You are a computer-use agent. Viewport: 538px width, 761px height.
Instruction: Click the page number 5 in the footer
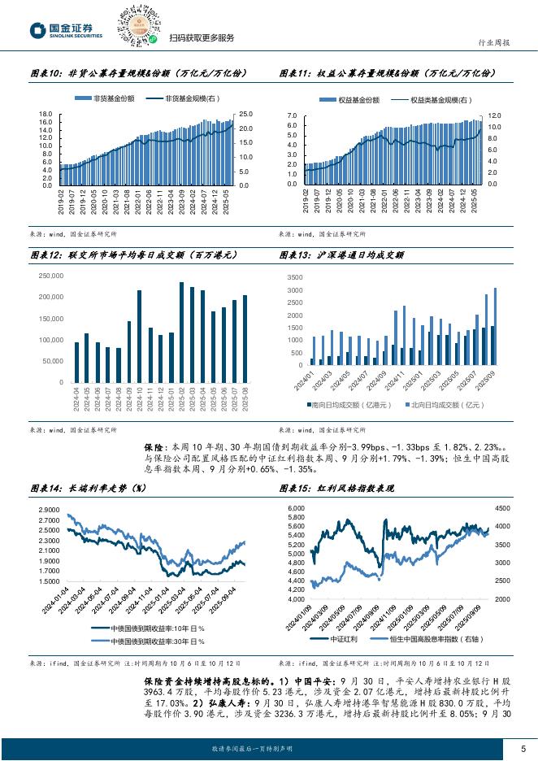click(x=523, y=748)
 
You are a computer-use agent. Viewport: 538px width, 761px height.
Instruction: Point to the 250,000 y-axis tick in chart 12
click(x=51, y=276)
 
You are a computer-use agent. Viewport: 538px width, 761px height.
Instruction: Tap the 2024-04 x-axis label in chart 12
click(x=76, y=400)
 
